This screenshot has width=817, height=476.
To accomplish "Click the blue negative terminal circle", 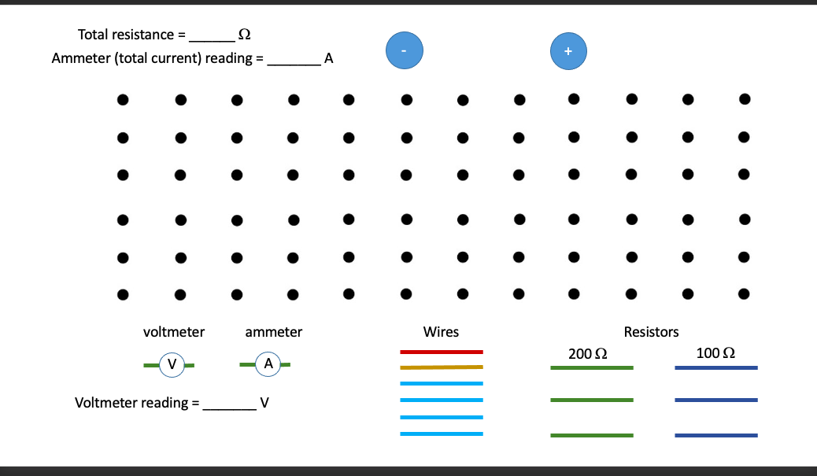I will (x=405, y=50).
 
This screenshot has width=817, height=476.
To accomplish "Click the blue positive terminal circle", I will (x=569, y=50).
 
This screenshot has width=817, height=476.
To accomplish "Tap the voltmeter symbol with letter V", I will (x=171, y=364).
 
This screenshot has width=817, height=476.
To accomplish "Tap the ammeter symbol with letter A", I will (x=268, y=364).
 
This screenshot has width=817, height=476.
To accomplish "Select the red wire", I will (x=442, y=352).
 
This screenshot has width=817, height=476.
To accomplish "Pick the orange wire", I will (x=442, y=367).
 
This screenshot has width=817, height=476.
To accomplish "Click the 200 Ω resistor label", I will (x=587, y=353).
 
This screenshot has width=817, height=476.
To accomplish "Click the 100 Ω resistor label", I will (x=715, y=352).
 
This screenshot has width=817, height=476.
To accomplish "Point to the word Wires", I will (x=441, y=332).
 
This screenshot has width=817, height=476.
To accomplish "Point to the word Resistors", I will (x=651, y=332).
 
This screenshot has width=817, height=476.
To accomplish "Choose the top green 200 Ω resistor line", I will (x=591, y=368).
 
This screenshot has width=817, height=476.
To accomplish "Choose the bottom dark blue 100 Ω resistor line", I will (x=716, y=435).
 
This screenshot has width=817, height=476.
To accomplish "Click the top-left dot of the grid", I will (x=123, y=100).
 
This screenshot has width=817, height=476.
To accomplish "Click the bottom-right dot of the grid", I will (x=745, y=294).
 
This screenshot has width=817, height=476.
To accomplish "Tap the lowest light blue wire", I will (x=442, y=434).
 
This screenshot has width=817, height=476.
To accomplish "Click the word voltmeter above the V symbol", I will (x=174, y=332).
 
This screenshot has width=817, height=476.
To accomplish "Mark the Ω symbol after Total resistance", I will (x=244, y=35).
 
